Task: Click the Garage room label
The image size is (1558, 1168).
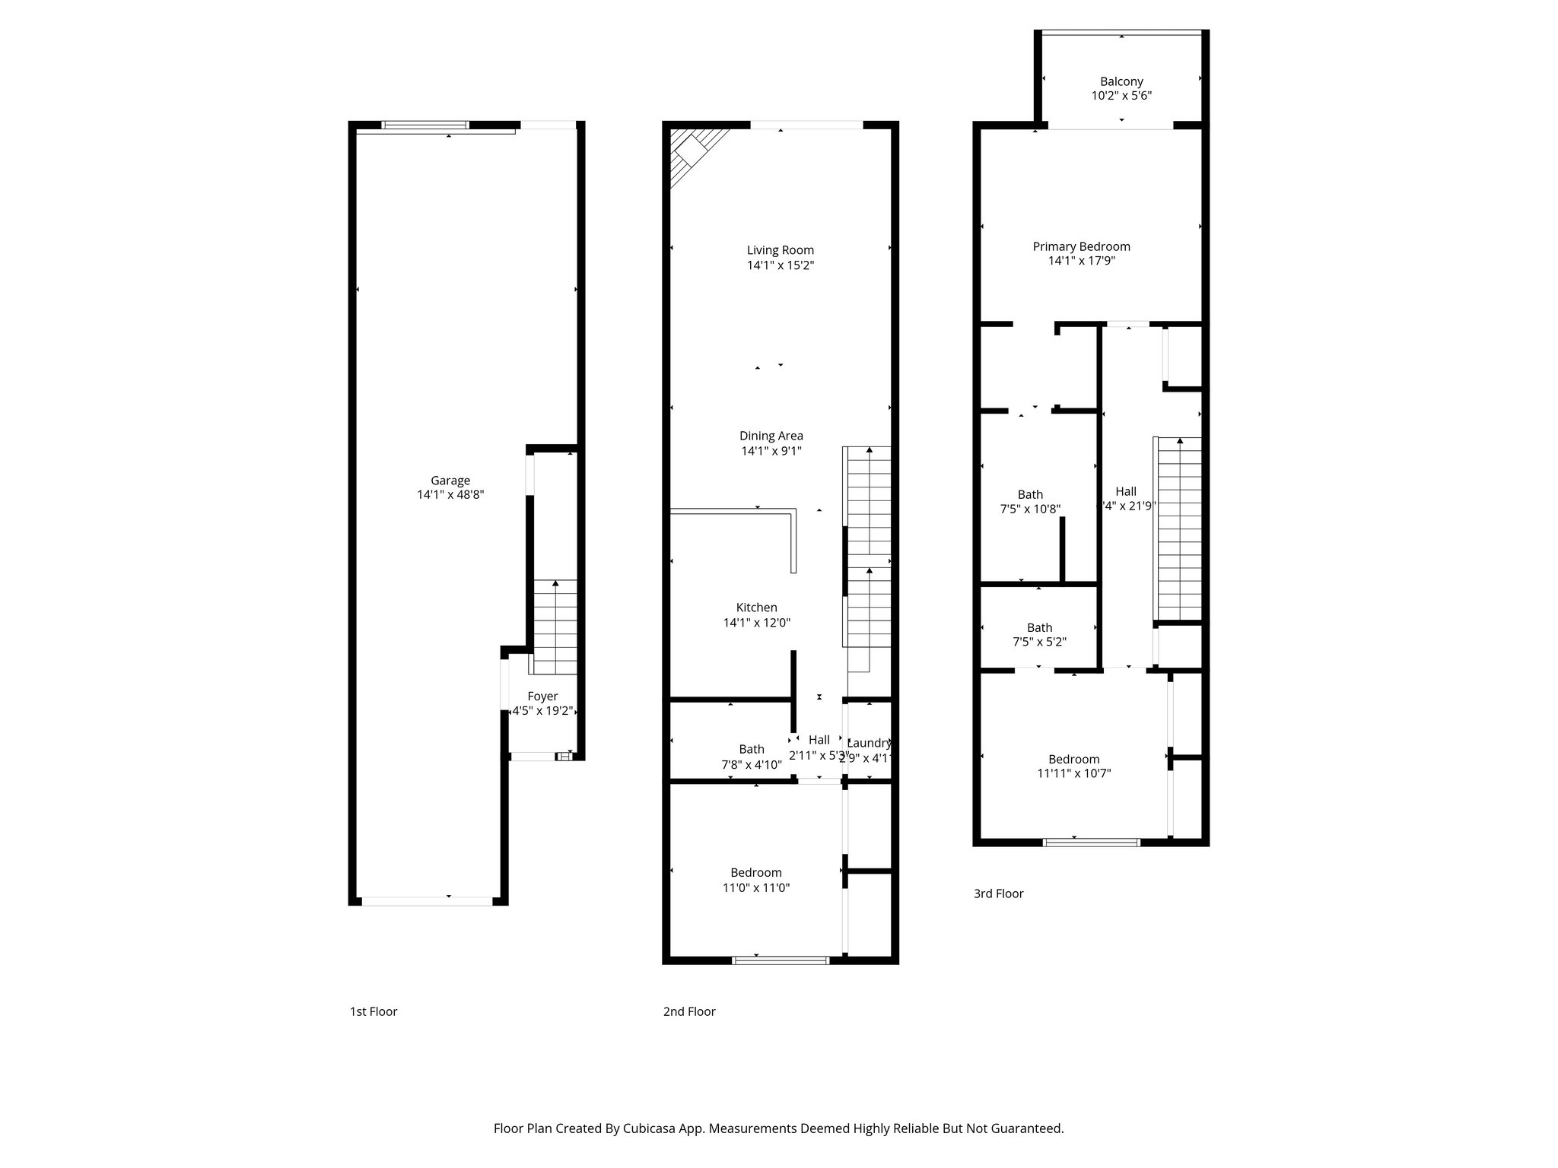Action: [x=450, y=481]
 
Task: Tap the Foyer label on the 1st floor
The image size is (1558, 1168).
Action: [x=542, y=697]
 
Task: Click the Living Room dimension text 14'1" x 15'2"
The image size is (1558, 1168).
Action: [x=781, y=265]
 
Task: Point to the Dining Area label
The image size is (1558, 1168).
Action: [x=771, y=436]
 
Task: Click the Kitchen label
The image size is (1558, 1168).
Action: [x=756, y=608]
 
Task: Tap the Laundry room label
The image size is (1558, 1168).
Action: [x=869, y=743]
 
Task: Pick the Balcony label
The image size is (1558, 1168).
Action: [x=1121, y=81]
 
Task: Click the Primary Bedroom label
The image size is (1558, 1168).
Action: [x=1081, y=246]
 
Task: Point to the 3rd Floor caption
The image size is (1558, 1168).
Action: [x=998, y=893]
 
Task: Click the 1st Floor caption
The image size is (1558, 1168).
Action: [x=373, y=1011]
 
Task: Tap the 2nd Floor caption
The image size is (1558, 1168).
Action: [x=688, y=1011]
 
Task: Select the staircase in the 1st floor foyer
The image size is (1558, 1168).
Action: [x=555, y=627]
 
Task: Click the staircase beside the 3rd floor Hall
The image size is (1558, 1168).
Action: [x=1179, y=528]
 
